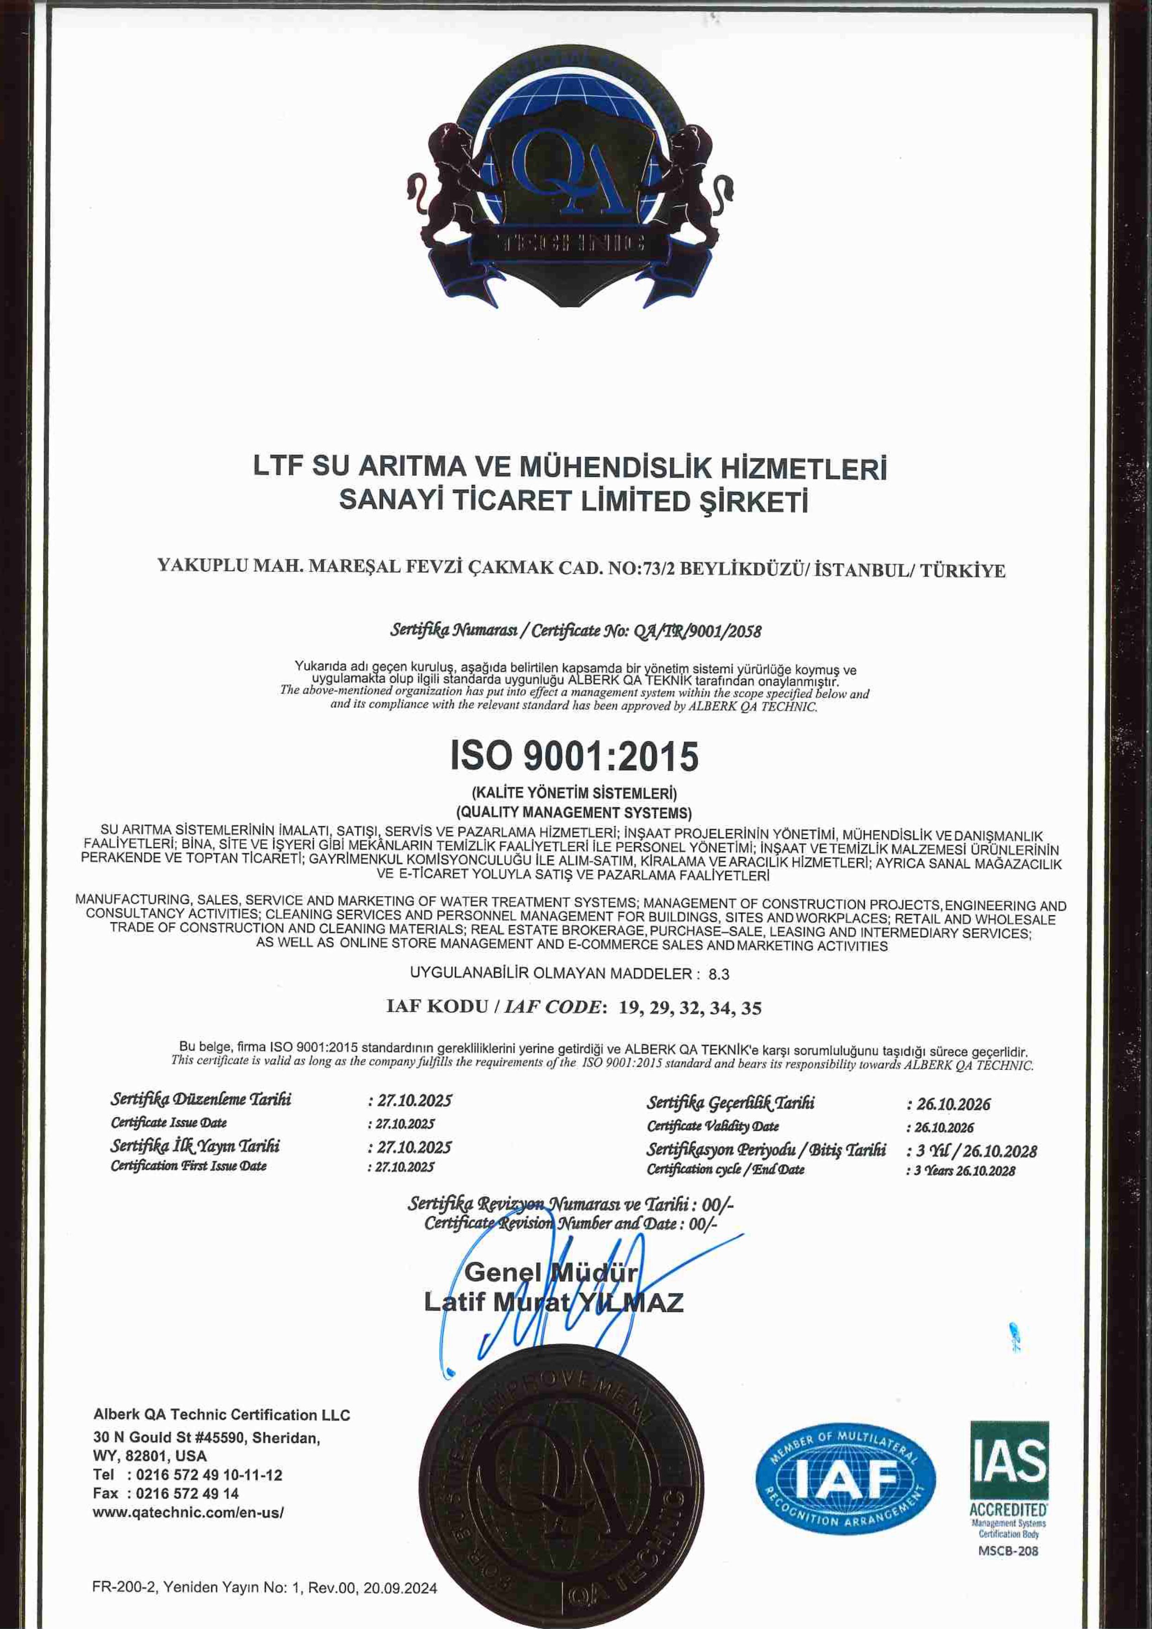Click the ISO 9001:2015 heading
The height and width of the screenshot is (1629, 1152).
pyautogui.click(x=575, y=757)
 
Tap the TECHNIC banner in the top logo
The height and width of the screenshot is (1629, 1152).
pyautogui.click(x=573, y=245)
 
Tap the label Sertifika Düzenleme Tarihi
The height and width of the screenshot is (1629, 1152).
pyautogui.click(x=201, y=1100)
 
